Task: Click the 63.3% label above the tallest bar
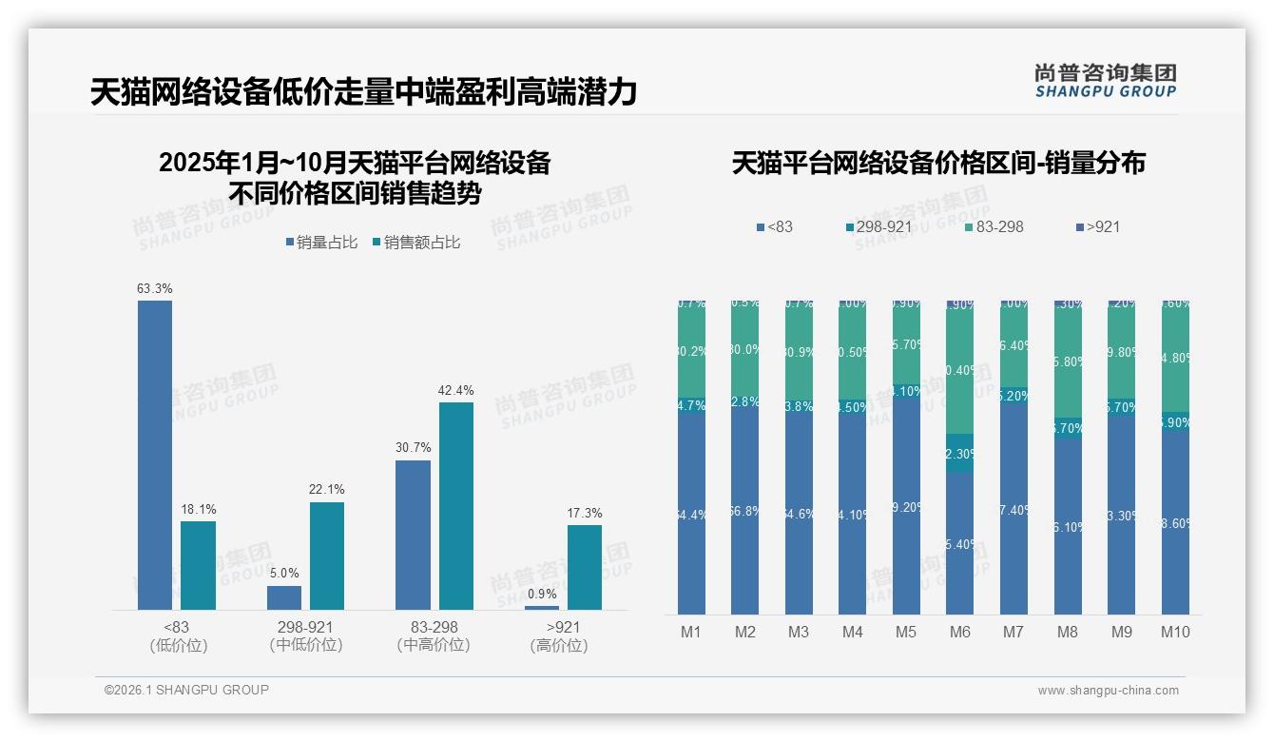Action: (155, 288)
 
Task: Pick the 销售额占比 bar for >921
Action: (585, 567)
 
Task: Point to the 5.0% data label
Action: (284, 573)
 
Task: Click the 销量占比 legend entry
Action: (322, 243)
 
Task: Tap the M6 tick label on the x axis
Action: (960, 632)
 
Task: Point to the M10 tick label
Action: (1175, 632)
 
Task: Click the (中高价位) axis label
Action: (434, 645)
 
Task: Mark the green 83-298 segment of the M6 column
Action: (960, 371)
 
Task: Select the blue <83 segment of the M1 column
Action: (692, 514)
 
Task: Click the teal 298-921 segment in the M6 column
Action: (960, 454)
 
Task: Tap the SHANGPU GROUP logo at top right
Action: (1105, 81)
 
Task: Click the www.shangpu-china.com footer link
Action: (1108, 691)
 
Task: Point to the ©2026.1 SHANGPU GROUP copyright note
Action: (186, 690)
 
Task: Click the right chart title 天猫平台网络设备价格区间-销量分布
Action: (937, 163)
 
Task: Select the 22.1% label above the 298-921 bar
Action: (327, 489)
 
